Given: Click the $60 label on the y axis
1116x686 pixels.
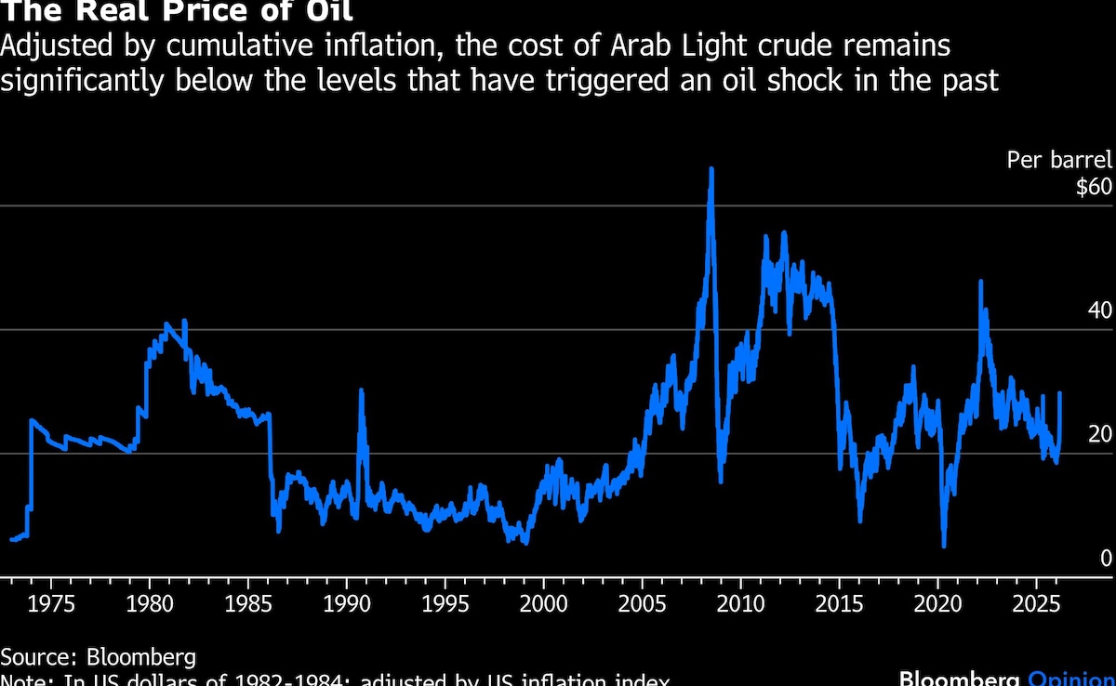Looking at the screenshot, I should tap(1093, 187).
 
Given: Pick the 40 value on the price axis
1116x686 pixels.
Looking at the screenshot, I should tap(1099, 310).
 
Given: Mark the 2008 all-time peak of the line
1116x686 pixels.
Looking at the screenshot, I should tap(711, 169).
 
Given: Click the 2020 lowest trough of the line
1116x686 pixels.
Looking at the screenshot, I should tap(944, 546).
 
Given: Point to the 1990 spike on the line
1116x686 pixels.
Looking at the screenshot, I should tap(361, 391).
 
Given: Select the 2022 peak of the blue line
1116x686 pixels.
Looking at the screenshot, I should tap(980, 281).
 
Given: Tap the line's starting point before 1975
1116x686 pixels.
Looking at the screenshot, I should tap(11, 539).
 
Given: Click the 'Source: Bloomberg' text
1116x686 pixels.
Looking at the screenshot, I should tap(98, 658).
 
